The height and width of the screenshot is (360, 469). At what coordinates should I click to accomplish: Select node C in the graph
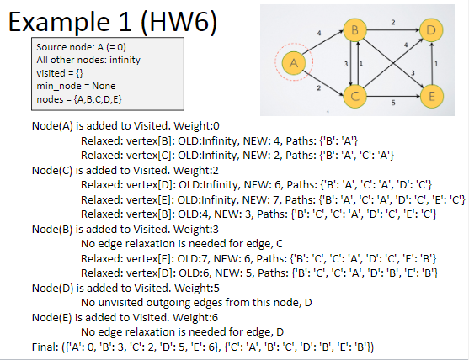coord(355,95)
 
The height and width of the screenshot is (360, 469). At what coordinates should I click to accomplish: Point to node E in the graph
coord(432,96)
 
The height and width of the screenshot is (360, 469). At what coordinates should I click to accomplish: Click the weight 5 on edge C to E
coord(393,103)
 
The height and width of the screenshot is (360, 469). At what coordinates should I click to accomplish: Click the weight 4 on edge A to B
coord(318,34)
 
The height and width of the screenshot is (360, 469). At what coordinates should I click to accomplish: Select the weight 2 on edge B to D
coord(393,21)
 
